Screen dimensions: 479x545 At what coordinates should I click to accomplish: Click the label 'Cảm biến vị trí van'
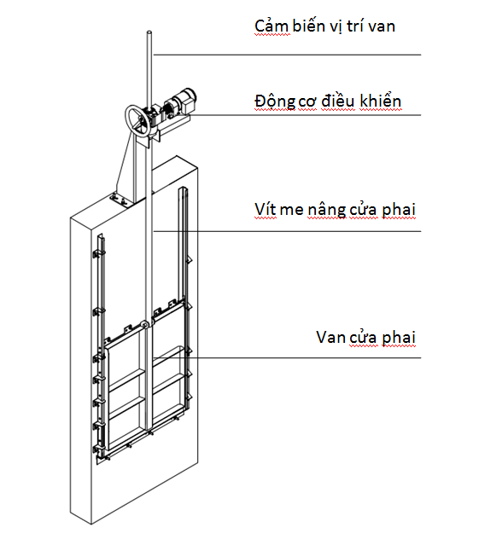[324, 26]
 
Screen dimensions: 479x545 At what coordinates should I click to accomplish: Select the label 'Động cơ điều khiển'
[328, 101]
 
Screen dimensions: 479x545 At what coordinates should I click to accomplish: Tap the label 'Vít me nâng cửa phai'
[335, 210]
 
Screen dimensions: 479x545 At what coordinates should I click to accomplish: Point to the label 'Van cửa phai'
[365, 337]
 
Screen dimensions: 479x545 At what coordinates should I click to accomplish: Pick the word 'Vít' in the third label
[266, 209]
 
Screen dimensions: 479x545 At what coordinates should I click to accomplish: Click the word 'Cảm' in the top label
[272, 26]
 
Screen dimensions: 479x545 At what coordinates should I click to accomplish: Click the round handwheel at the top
[139, 119]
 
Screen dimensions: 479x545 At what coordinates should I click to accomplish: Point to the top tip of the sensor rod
[149, 32]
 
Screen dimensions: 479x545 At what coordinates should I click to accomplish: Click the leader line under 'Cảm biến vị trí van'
[287, 55]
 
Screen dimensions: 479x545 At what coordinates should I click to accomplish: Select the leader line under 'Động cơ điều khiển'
[306, 115]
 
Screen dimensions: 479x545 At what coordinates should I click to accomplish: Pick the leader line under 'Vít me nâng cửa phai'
[287, 231]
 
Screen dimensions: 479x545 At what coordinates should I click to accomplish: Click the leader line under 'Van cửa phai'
[287, 357]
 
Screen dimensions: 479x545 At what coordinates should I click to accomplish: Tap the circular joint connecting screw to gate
[143, 325]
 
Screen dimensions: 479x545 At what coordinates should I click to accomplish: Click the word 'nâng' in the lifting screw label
[327, 211]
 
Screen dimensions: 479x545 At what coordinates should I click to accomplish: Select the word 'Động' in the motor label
[275, 101]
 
